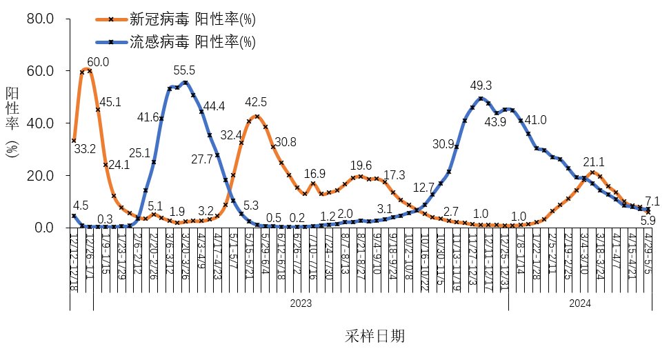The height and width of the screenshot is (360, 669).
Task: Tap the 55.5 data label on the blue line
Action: pos(185,70)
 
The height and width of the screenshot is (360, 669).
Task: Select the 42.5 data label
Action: pos(256,103)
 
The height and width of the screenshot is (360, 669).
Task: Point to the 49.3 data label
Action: pos(481,86)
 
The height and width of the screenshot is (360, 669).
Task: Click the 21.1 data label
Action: pos(594,162)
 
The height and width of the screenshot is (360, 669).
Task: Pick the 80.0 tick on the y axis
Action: pos(39,18)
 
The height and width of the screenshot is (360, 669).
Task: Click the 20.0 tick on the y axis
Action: pos(39,175)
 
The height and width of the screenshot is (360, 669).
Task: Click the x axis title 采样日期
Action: pos(375,337)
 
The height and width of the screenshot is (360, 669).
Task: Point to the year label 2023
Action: pos(300,303)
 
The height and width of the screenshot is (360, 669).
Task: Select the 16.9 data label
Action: pos(314,173)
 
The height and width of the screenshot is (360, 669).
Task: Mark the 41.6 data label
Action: pos(149,118)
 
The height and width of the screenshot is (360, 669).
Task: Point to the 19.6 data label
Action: pos(361,166)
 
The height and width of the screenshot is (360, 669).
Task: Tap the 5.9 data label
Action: pos(648,221)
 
